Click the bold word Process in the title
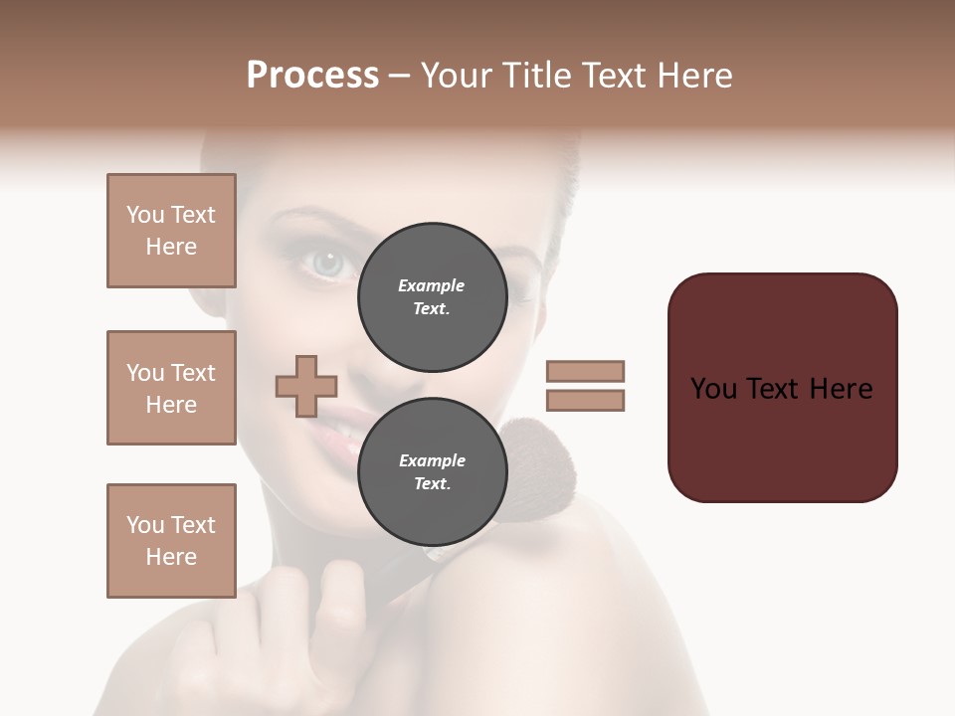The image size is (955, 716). point(312,76)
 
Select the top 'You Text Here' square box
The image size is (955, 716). point(171,231)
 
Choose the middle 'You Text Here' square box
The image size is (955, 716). point(171,388)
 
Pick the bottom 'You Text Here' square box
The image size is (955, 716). point(171,541)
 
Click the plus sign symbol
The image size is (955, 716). point(306,386)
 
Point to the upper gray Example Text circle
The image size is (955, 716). point(432,296)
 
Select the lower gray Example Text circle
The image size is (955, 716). point(432,471)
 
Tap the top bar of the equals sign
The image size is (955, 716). point(585,372)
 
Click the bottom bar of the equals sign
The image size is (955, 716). point(585,401)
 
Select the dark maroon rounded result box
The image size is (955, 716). point(782,388)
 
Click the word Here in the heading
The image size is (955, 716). point(689,76)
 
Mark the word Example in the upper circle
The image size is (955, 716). point(432,285)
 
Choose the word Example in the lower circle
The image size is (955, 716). point(432,460)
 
